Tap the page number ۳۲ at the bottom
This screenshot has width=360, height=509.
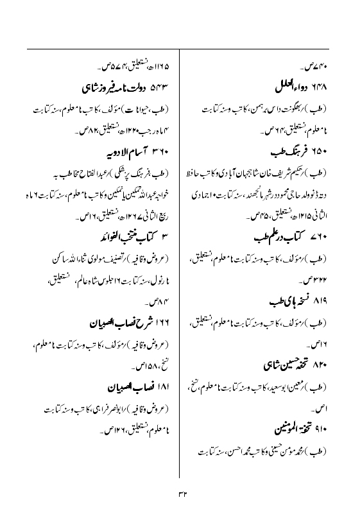(x=180, y=494)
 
